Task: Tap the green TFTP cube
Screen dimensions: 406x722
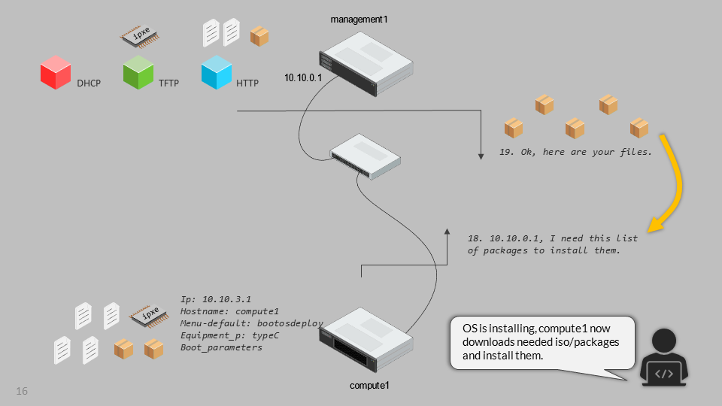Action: [x=138, y=74]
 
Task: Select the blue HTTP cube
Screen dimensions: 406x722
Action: [x=217, y=74]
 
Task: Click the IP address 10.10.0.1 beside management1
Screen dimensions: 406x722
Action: [x=303, y=77]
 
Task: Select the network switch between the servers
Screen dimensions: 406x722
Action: [x=366, y=156]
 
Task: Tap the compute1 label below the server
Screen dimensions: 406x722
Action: [x=369, y=385]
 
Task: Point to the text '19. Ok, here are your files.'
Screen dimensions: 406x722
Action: [x=575, y=152]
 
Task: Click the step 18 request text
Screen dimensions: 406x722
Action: [x=553, y=244]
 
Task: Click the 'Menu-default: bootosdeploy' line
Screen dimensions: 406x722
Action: [x=252, y=323]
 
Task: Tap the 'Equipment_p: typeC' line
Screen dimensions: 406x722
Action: [x=230, y=335]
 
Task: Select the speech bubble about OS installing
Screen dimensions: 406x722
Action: [x=542, y=342]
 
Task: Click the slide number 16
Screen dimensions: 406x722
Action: [x=22, y=392]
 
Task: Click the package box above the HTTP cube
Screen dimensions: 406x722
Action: [x=259, y=36]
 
